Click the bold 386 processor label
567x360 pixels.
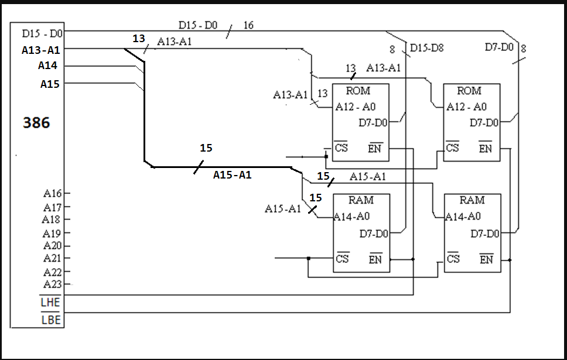36,123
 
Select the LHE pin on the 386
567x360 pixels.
50,303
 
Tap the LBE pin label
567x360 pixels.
50,320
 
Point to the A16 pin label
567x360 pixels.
52,193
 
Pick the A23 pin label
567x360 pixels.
52,284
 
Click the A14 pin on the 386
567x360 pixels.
48,66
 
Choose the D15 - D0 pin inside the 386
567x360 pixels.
42,33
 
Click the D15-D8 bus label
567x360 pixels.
426,48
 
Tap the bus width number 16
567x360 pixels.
248,25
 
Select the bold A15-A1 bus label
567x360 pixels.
233,174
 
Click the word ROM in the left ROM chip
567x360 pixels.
358,91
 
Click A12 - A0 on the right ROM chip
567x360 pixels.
466,107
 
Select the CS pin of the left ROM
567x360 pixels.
341,148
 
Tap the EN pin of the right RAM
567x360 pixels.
486,259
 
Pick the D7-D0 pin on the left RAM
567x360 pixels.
374,234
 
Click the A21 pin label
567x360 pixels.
52,258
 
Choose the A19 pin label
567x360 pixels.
52,234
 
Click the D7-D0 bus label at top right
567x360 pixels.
499,47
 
